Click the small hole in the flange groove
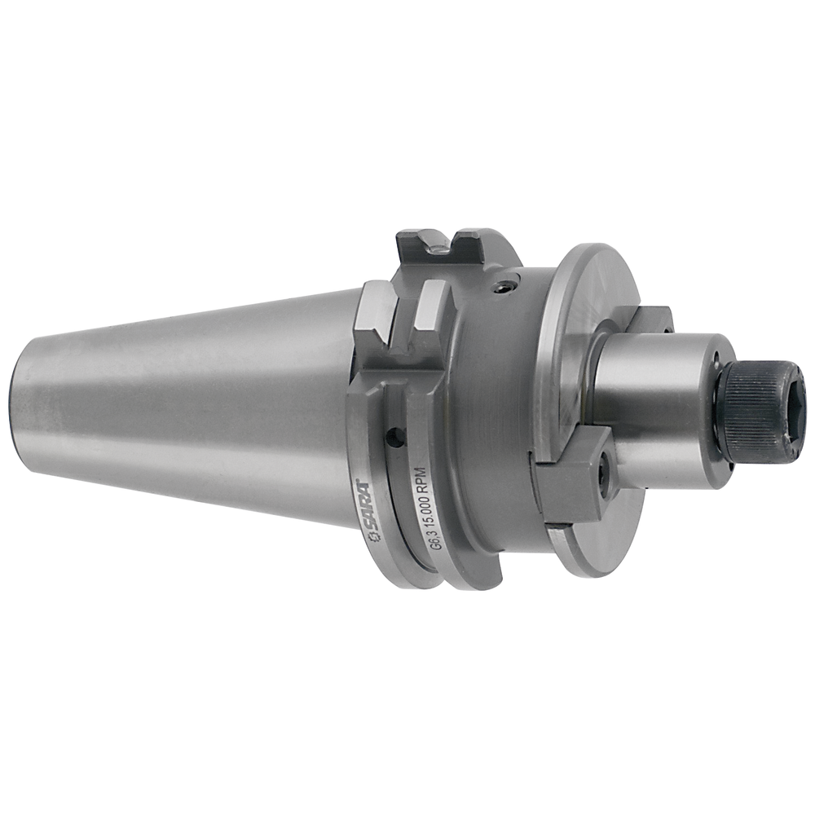click(x=396, y=438)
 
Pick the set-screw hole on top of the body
click(x=508, y=286)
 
